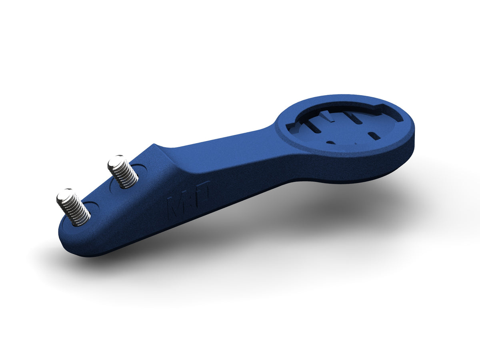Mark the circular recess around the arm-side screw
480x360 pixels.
[140, 170]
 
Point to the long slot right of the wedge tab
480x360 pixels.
[354, 118]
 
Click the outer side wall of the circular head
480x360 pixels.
[360, 168]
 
